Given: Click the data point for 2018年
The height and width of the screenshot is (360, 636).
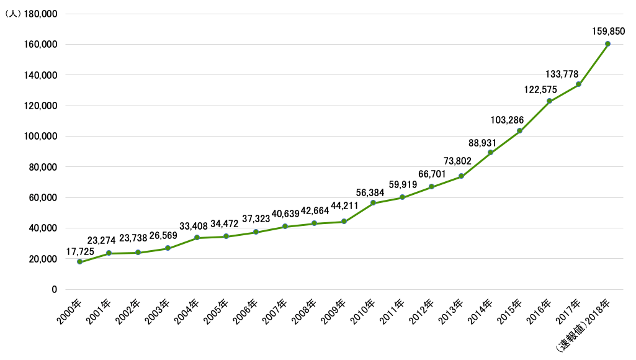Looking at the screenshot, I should click(607, 43).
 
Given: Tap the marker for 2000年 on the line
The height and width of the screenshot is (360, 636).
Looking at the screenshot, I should click(79, 262).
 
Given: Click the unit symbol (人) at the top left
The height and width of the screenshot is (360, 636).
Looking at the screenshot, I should click(11, 14).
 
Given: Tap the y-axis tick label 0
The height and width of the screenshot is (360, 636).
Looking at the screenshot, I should click(54, 289).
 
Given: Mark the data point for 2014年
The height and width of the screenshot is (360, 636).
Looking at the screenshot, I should click(490, 153).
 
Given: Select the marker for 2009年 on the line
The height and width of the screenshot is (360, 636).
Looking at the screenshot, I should click(344, 222).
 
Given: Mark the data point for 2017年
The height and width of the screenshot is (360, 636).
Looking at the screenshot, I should click(578, 84).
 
